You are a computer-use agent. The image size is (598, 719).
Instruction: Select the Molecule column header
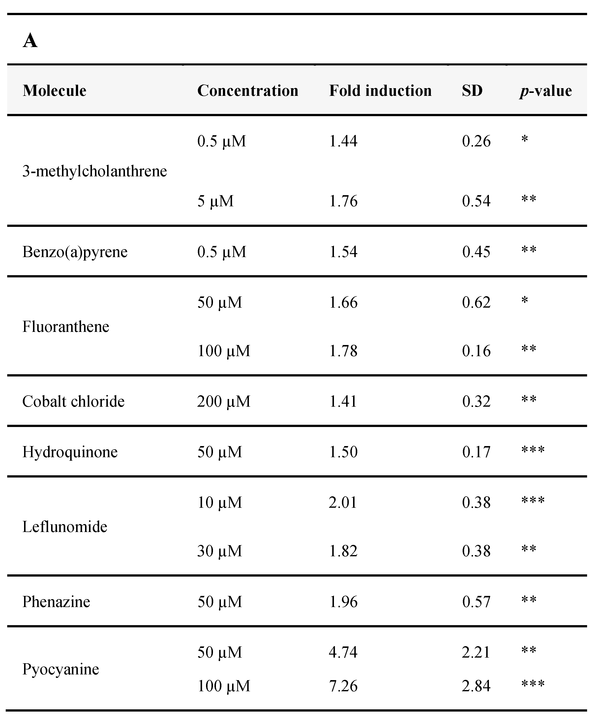(x=55, y=91)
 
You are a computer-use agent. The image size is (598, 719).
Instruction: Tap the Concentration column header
(x=247, y=91)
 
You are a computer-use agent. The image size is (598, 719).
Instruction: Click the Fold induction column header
(x=380, y=91)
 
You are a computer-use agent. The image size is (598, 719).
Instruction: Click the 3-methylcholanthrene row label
(x=94, y=171)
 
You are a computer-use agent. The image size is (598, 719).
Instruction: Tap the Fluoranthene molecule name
(x=65, y=326)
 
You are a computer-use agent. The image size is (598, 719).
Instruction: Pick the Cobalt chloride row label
(x=73, y=401)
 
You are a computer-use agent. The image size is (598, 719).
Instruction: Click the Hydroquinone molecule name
(x=70, y=452)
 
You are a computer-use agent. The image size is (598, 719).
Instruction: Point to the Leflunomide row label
(x=65, y=526)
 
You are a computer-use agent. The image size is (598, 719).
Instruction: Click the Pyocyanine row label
(x=61, y=669)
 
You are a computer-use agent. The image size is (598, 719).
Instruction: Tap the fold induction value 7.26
(x=343, y=686)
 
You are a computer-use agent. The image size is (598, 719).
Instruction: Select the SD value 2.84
(x=476, y=686)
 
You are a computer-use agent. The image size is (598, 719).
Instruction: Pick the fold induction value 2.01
(x=343, y=502)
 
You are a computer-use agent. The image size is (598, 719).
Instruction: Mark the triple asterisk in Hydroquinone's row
(x=533, y=450)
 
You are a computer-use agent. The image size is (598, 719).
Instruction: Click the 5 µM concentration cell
(x=215, y=201)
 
